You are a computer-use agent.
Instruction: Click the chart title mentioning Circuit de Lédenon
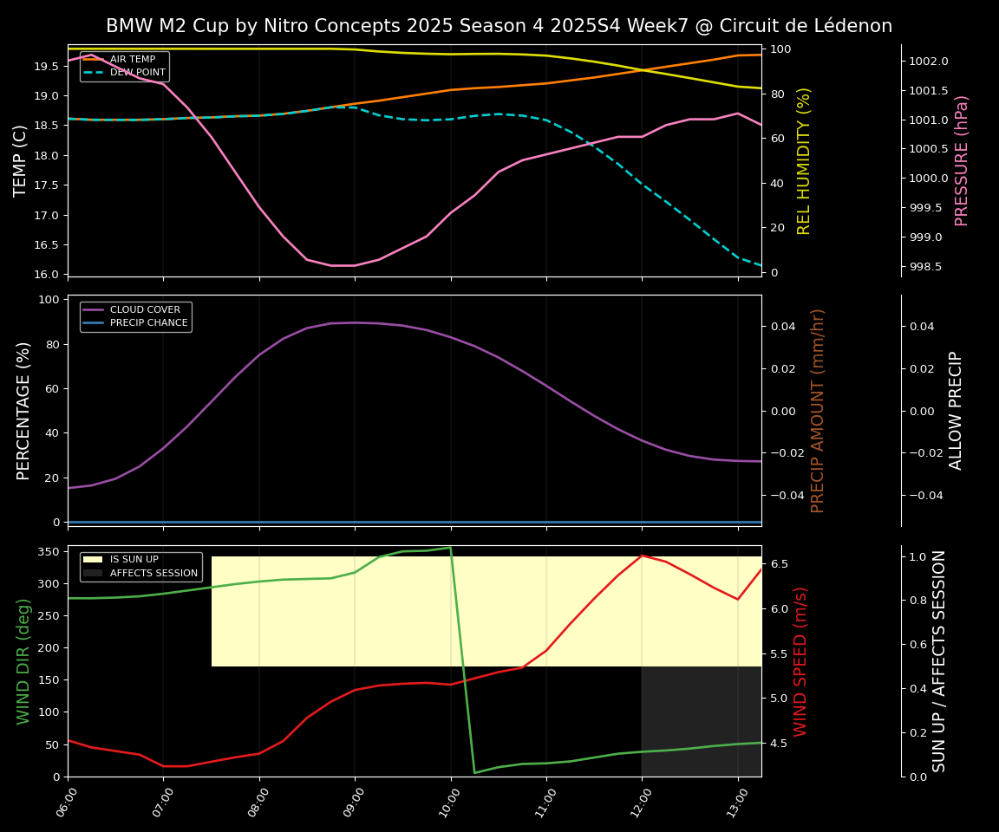click(x=499, y=26)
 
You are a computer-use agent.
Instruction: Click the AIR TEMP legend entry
click(x=132, y=60)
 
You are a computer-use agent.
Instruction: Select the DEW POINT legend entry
click(x=137, y=73)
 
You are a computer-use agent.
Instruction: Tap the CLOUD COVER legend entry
click(x=145, y=309)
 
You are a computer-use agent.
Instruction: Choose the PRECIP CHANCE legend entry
click(x=148, y=323)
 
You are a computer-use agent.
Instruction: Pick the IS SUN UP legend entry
click(x=134, y=560)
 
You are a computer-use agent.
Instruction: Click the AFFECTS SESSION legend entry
click(x=153, y=573)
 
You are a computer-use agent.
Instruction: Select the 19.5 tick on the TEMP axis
click(x=45, y=66)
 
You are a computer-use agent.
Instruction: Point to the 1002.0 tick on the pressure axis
click(x=929, y=61)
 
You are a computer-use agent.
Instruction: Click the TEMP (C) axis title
click(x=21, y=160)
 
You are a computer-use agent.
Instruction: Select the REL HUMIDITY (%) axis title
click(x=804, y=160)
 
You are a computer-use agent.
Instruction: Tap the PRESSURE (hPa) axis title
click(x=962, y=160)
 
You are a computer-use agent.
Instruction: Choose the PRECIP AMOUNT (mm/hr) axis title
click(x=818, y=410)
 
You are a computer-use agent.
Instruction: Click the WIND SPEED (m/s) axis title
click(x=800, y=661)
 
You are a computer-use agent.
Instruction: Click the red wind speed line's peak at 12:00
click(x=642, y=555)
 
